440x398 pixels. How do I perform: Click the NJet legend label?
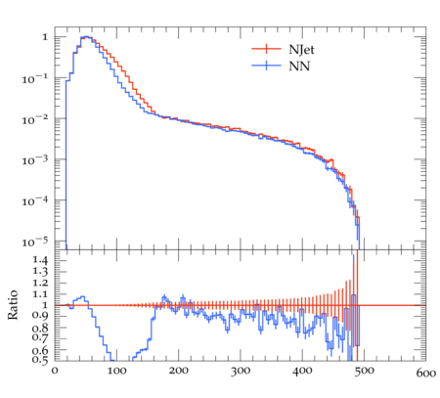(x=301, y=50)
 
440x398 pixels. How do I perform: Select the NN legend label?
(x=299, y=66)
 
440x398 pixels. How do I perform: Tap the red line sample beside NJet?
(x=266, y=49)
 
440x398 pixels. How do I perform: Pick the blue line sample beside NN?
(x=266, y=66)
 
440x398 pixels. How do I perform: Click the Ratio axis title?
(x=13, y=305)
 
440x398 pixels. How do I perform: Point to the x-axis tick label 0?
(x=55, y=371)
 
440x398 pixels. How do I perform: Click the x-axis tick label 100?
(x=116, y=371)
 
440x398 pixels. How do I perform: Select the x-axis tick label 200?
(x=179, y=371)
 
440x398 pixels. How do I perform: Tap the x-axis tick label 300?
(x=241, y=371)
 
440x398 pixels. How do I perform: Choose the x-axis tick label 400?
(x=302, y=371)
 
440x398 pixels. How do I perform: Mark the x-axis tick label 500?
(x=364, y=371)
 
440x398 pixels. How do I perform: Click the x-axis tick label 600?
(x=426, y=373)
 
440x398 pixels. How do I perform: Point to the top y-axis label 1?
(x=45, y=37)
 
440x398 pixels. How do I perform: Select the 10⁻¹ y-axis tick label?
(x=35, y=79)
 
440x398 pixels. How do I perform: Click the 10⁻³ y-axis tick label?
(x=35, y=160)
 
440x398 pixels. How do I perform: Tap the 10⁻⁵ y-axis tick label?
(x=35, y=243)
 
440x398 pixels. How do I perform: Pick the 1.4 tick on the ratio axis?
(x=40, y=260)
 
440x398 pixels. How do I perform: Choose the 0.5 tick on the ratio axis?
(x=40, y=360)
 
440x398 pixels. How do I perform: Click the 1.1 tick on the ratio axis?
(x=40, y=294)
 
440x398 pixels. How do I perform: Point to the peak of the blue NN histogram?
(x=86, y=36)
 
